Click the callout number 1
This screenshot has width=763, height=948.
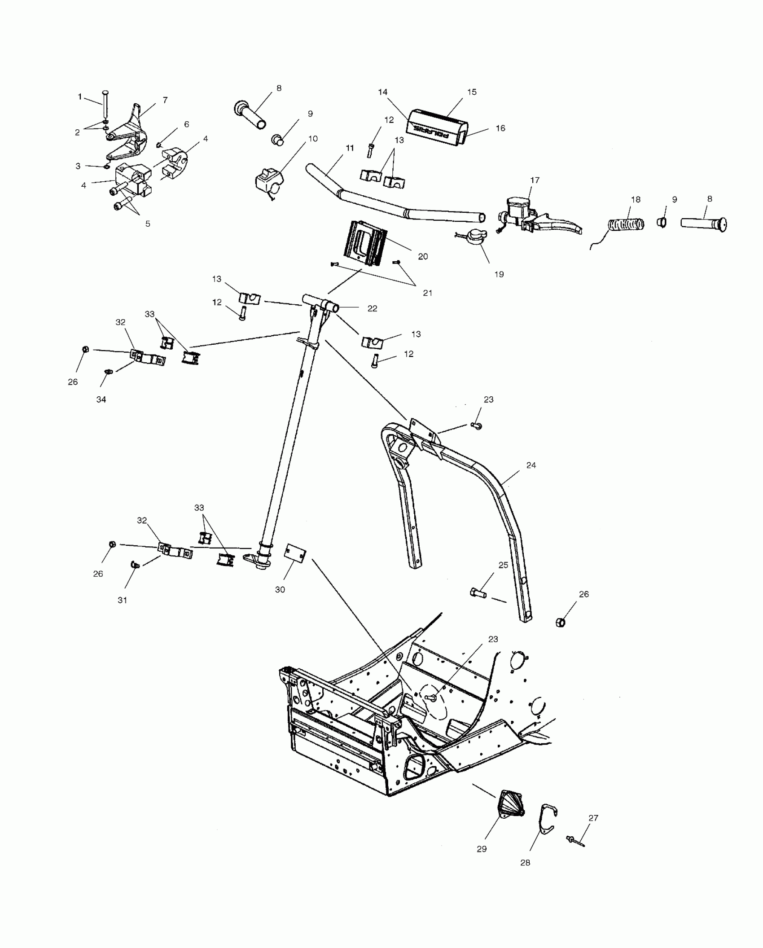[80, 97]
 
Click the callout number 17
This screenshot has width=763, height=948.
[535, 180]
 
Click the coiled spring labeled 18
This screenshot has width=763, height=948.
[626, 224]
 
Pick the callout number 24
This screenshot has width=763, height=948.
[531, 465]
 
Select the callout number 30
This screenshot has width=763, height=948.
[280, 589]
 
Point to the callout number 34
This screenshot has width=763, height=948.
[101, 399]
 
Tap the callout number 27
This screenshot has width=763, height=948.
[593, 818]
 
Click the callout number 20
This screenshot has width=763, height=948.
[423, 256]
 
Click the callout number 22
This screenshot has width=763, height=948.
[372, 308]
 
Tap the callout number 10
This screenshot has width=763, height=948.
[313, 138]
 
